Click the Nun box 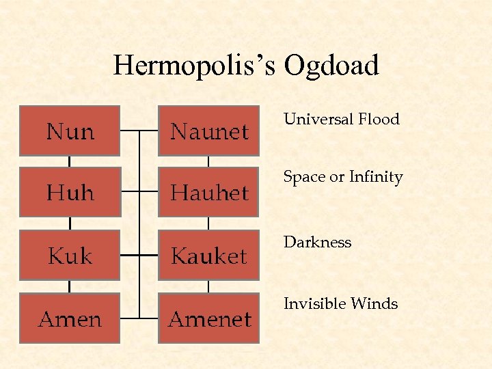point(70,131)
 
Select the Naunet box point(208,131)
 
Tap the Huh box point(70,193)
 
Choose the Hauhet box point(208,193)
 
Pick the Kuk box point(70,256)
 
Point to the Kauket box point(208,256)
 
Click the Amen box point(70,318)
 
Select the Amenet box point(208,318)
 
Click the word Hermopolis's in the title point(194,66)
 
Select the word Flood point(376,119)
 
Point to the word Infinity point(376,177)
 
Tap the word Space point(304,177)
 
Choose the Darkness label point(317,242)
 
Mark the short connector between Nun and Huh point(70,161)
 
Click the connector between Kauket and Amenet point(208,286)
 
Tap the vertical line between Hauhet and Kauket point(208,224)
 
